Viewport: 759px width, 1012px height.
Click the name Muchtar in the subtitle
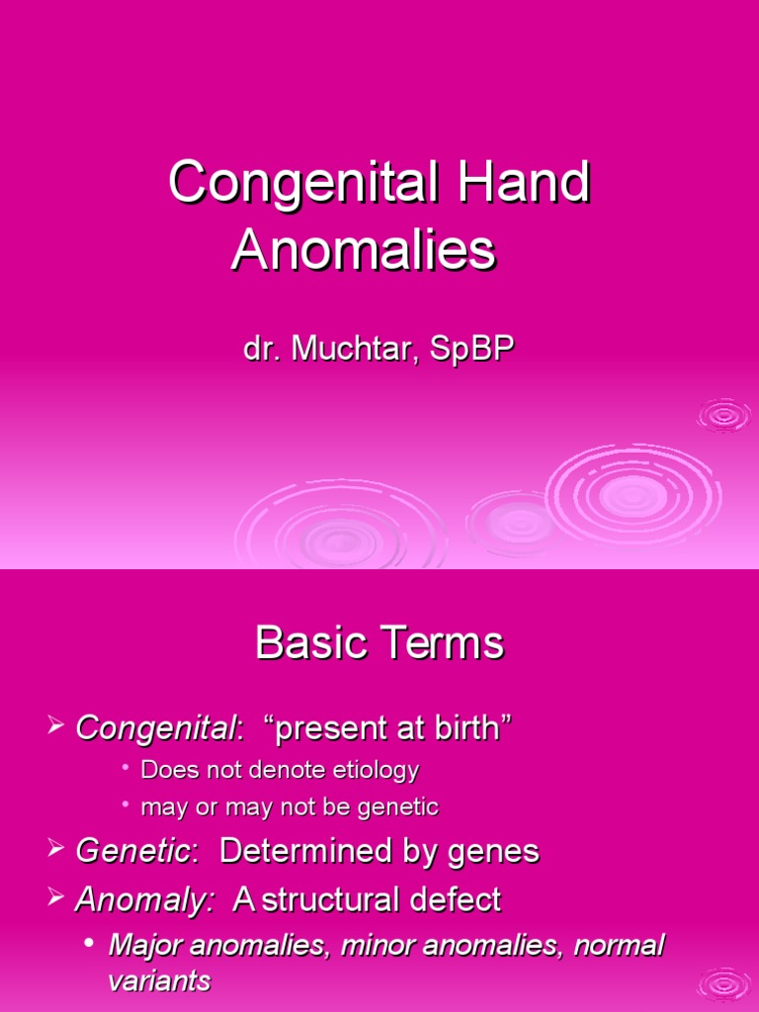tap(346, 351)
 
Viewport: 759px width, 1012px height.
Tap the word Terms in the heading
tap(446, 644)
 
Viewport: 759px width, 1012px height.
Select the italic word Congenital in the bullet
tap(157, 729)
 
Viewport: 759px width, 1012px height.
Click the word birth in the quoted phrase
tap(467, 729)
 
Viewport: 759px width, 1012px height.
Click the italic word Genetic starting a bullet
tap(132, 852)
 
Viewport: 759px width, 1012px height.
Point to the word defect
tap(464, 900)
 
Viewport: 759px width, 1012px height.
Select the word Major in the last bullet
tap(141, 946)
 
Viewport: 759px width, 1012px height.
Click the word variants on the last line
tap(159, 981)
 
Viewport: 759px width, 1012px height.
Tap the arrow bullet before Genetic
tap(56, 850)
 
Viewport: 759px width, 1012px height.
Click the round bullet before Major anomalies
tap(90, 944)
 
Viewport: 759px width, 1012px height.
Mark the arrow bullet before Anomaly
tap(56, 898)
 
